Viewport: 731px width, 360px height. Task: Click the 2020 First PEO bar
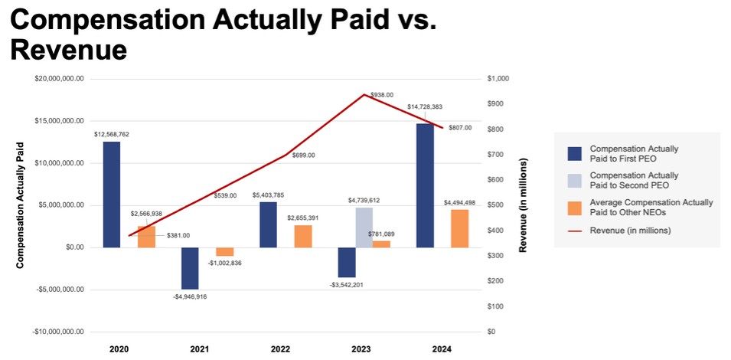(112, 195)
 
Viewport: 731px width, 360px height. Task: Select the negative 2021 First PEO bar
(190, 268)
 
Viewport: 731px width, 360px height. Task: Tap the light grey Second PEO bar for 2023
(364, 227)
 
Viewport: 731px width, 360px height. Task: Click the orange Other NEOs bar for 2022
(303, 236)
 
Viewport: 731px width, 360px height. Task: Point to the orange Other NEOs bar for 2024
(459, 228)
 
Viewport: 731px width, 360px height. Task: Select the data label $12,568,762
(112, 134)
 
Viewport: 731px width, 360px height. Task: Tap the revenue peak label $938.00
(382, 94)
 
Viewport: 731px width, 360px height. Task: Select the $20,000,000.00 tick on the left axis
(60, 79)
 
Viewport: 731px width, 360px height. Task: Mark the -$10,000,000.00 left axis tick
(59, 332)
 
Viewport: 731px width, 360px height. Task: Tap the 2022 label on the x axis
(280, 349)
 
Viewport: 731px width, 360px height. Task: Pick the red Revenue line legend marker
(574, 231)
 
